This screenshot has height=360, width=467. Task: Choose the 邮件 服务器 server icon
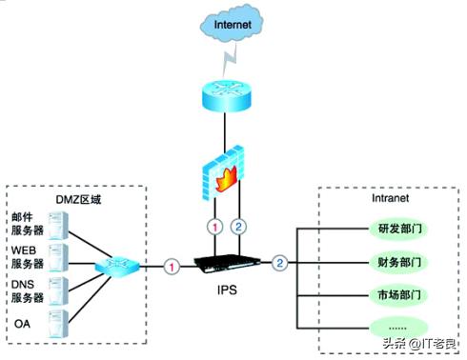point(59,224)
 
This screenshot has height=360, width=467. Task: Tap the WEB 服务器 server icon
point(59,256)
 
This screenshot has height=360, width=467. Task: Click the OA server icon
point(59,322)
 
